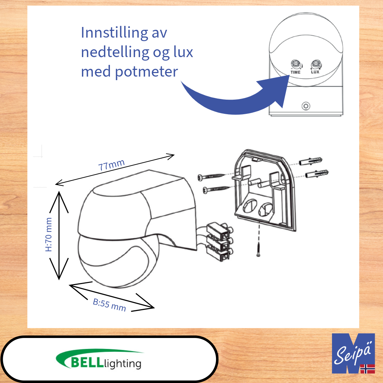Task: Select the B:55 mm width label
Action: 110,305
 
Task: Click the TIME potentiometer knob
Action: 295,65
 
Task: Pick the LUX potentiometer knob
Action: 315,65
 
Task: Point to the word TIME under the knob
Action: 295,72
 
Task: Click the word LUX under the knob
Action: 315,72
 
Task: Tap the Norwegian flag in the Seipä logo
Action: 367,368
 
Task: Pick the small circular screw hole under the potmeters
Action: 305,106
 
